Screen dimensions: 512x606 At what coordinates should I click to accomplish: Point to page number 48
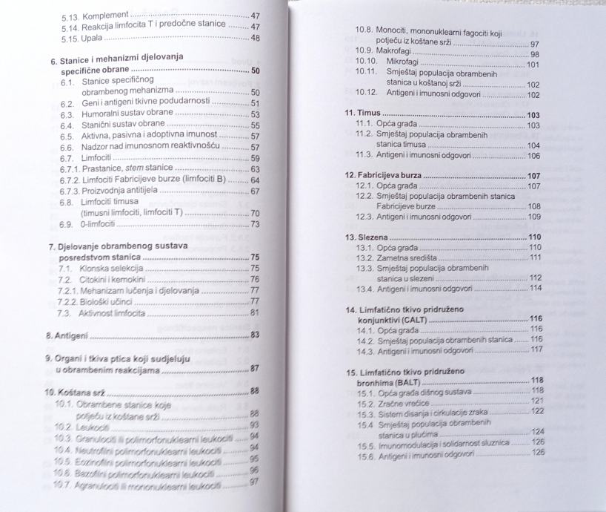(255, 37)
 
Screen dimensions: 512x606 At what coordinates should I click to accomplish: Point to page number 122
(538, 411)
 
